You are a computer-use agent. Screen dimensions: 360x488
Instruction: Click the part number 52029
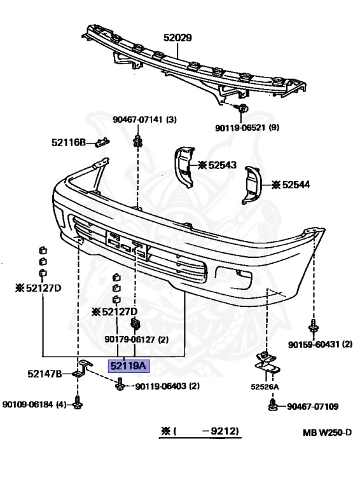(177, 37)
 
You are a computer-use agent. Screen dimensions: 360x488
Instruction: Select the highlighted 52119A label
(128, 366)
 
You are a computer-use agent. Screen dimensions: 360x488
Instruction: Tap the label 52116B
(69, 142)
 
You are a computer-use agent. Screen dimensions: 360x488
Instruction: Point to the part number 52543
(223, 165)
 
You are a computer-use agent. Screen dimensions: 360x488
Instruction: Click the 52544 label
(296, 185)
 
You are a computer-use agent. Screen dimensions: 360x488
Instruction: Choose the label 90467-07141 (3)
(144, 119)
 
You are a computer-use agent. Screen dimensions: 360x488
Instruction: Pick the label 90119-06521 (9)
(247, 128)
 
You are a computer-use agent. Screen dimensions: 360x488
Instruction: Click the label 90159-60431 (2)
(320, 344)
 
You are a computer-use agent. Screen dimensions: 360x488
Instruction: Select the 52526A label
(265, 387)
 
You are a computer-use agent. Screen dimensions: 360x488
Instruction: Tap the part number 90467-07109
(312, 407)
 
